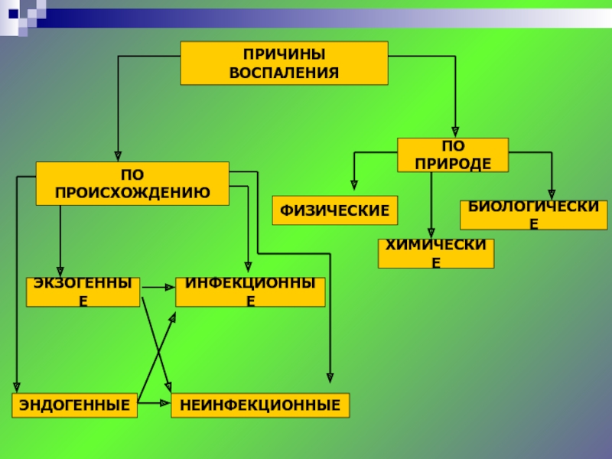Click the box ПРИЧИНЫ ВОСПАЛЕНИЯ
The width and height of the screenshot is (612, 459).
click(284, 63)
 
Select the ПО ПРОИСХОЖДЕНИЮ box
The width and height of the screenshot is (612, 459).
click(132, 184)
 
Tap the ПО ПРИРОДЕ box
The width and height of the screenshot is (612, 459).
click(452, 155)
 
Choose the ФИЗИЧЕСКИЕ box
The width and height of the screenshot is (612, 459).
click(335, 210)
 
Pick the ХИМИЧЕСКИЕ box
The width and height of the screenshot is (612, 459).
click(436, 253)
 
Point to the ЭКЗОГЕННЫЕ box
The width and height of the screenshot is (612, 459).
click(83, 292)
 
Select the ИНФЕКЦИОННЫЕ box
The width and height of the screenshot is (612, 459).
click(250, 292)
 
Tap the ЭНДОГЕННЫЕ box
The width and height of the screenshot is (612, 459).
click(74, 405)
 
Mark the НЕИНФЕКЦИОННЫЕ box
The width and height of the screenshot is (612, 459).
click(260, 405)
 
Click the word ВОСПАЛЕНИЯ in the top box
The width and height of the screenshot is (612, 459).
click(284, 72)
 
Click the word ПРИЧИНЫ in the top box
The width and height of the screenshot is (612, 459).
click(284, 55)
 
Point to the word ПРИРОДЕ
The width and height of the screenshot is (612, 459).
click(452, 163)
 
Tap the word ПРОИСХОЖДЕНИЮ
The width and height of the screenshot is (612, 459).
click(132, 192)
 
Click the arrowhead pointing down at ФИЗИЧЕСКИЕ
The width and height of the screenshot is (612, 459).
click(353, 184)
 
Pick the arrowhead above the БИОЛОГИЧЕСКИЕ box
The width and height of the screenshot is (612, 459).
click(551, 195)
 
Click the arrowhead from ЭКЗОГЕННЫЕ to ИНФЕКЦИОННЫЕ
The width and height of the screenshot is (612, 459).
click(170, 287)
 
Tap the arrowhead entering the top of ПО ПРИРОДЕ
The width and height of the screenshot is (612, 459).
click(455, 132)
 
